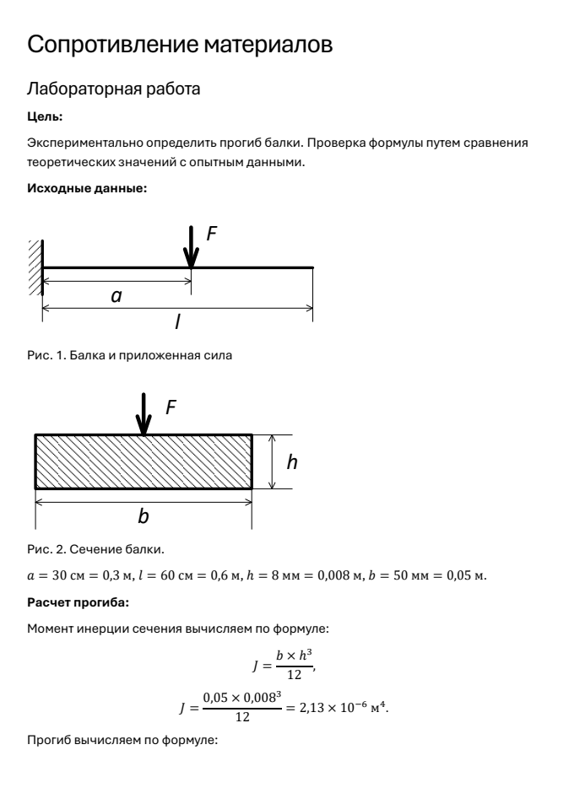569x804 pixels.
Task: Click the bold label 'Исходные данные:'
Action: [x=87, y=188]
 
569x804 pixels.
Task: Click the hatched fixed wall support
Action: [x=35, y=266]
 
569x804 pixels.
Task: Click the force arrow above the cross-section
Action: [x=146, y=414]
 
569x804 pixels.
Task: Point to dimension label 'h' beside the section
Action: [x=293, y=461]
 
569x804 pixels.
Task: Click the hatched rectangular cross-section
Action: [x=144, y=461]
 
